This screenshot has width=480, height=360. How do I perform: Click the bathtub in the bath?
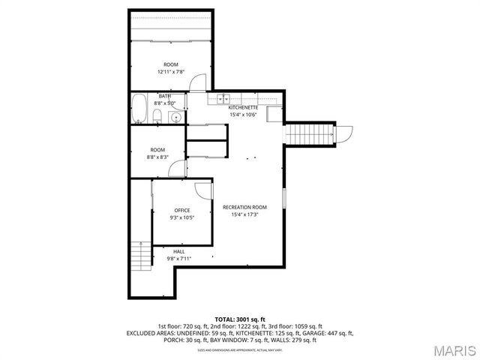[x=139, y=109]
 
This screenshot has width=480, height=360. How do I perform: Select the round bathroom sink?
[x=175, y=116]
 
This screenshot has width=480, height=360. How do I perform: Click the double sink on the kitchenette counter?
[x=223, y=99]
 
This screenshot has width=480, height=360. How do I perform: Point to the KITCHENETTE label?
[x=243, y=108]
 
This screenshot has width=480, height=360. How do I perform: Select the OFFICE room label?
[x=182, y=210]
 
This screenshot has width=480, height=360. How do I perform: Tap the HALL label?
[x=178, y=251]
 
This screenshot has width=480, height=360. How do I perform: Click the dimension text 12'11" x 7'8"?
[x=171, y=72]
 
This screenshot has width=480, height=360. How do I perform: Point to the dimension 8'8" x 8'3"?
[x=157, y=157]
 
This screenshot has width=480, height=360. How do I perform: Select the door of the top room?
[x=196, y=82]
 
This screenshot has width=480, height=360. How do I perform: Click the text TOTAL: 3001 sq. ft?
[x=240, y=319]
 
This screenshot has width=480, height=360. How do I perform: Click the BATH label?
[x=164, y=96]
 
